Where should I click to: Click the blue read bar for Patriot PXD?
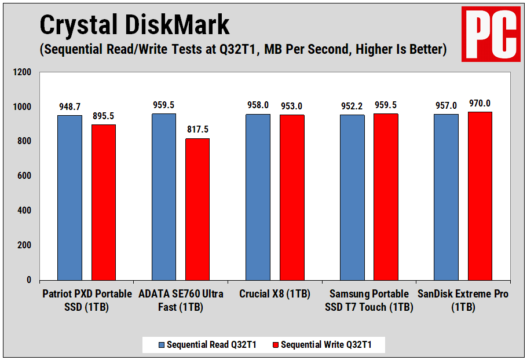coord(69,197)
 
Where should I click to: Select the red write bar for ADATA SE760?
coord(197,209)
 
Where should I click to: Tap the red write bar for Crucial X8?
coord(292,197)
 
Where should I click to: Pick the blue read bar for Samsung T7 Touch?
coord(352,197)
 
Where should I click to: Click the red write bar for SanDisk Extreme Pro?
coord(480,196)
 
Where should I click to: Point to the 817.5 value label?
coord(197,130)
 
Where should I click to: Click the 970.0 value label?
coord(480,104)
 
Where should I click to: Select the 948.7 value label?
coord(69,107)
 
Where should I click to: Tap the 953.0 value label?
coord(292,106)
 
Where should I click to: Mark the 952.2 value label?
coord(352,106)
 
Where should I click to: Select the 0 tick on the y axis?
coord(28,280)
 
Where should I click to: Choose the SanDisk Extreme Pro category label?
coord(463,300)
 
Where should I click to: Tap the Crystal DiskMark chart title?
coord(134,25)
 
